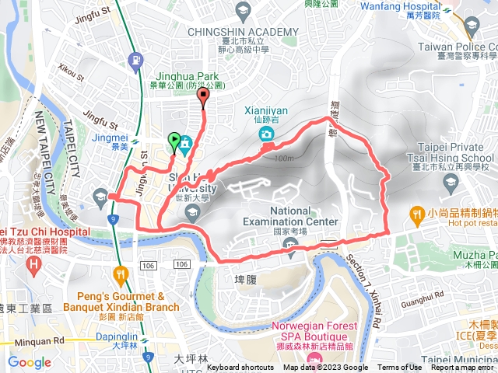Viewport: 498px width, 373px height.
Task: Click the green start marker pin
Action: pos(174,141)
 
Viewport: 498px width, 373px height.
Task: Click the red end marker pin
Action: pos(204,97)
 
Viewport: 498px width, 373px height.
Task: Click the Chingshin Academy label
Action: pos(244,31)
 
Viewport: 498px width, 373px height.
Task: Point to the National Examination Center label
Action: pos(304,216)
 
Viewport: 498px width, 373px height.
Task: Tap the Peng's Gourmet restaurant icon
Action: pos(120,274)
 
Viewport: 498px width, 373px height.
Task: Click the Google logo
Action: pos(30,362)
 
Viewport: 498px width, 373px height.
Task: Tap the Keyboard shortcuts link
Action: pos(240,368)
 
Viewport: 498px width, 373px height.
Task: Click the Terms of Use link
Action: pos(399,368)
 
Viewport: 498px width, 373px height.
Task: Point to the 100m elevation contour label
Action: pos(284,159)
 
